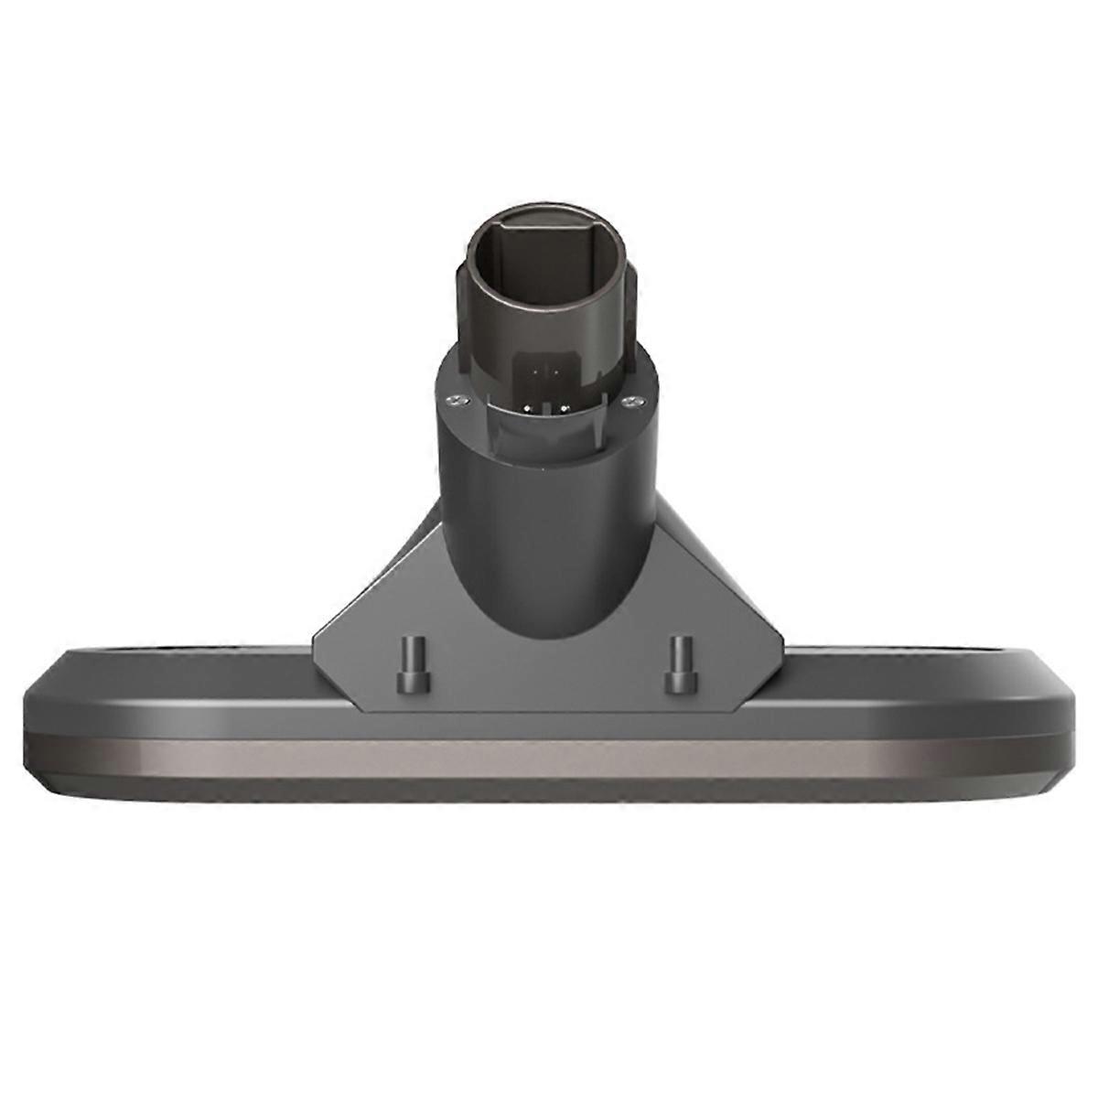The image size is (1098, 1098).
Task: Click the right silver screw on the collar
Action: click(x=629, y=399)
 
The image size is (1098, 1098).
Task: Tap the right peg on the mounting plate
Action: click(x=679, y=662)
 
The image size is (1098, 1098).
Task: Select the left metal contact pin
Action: click(x=528, y=408)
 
